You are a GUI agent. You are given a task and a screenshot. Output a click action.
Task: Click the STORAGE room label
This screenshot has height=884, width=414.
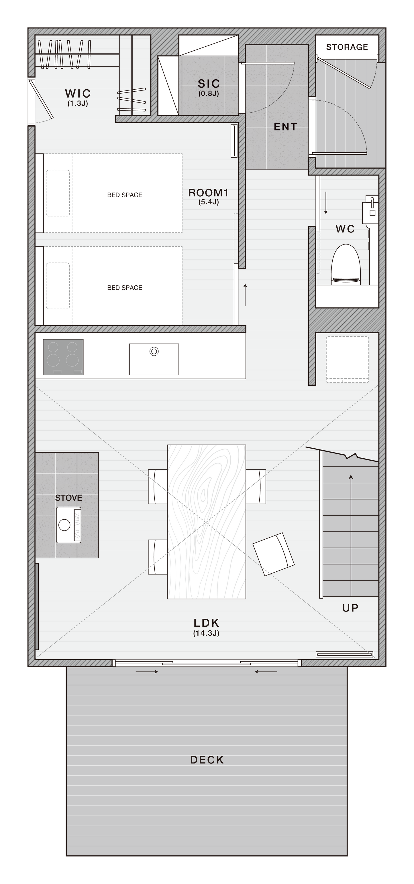tap(347, 47)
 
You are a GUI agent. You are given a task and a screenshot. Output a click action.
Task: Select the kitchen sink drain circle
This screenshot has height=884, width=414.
tap(154, 352)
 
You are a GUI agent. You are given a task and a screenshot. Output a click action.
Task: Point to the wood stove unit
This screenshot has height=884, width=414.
tap(69, 525)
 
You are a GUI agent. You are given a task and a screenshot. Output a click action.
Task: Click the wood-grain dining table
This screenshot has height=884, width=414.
tap(207, 522)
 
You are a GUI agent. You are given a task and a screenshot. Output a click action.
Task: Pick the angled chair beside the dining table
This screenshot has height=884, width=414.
tap(274, 554)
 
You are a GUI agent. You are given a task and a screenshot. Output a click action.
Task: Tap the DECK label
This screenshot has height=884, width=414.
tap(207, 760)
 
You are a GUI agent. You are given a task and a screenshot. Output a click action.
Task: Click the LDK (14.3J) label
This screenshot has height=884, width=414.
tap(206, 627)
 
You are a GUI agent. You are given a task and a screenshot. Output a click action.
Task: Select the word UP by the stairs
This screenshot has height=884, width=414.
tap(350, 608)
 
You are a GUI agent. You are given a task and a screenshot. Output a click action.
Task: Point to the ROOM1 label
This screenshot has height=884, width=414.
tap(208, 193)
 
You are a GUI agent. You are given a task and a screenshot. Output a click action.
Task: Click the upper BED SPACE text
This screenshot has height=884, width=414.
tap(125, 195)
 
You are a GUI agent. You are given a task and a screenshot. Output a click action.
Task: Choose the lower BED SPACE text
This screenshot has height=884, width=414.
tap(125, 288)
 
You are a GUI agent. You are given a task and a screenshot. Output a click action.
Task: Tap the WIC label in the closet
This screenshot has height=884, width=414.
tap(78, 93)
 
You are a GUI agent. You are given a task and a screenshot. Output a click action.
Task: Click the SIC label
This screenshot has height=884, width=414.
tap(209, 83)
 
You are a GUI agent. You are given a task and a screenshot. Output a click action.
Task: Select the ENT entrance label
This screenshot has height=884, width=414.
tap(285, 127)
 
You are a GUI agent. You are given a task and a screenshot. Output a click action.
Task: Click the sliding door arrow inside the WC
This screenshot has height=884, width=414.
tap(326, 203)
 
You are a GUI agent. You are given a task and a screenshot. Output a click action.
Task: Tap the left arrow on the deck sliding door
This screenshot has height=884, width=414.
tap(147, 672)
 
